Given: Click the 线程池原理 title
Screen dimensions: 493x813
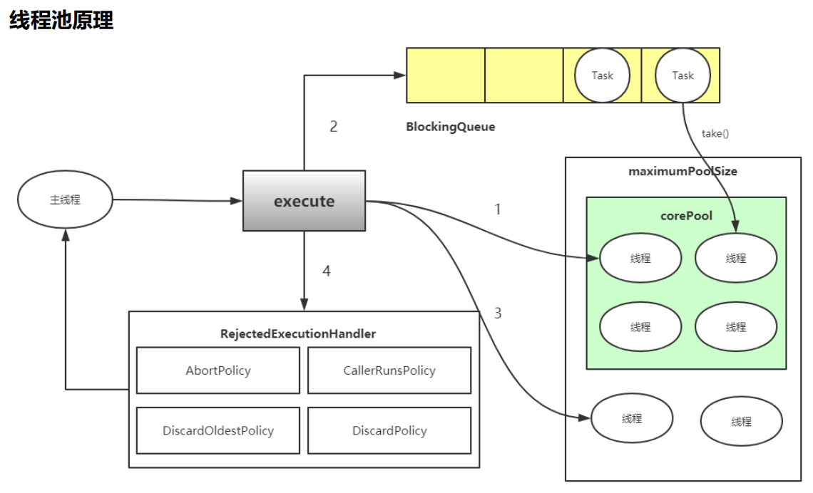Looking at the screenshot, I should click(x=61, y=20).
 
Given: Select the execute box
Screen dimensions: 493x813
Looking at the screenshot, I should click(x=304, y=201).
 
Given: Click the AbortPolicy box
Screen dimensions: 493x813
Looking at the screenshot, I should click(x=218, y=370).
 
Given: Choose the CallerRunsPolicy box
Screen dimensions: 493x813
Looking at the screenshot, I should click(x=389, y=370).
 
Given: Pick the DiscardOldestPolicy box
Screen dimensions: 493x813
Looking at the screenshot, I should click(x=218, y=430).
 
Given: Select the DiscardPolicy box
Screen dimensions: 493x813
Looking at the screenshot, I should click(x=389, y=430).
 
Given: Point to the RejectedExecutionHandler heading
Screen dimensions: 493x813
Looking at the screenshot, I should click(x=298, y=333).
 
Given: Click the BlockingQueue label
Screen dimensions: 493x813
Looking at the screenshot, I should click(x=450, y=127).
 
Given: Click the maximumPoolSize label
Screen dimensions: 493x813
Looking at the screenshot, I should click(x=682, y=172).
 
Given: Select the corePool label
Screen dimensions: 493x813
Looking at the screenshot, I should click(x=686, y=216).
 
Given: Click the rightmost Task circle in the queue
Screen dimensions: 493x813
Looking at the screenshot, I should click(x=682, y=76).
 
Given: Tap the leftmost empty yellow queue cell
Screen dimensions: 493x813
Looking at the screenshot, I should click(x=446, y=76).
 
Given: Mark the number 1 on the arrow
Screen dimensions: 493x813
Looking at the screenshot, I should click(x=498, y=209).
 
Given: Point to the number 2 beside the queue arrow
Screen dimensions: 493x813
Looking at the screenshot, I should click(x=333, y=127).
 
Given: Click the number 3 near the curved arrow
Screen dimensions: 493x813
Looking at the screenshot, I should click(x=498, y=313).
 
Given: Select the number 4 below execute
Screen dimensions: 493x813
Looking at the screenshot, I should click(x=327, y=271).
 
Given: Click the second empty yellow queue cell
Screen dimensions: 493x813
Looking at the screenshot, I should click(x=524, y=76).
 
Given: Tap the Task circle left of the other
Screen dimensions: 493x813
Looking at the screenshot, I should click(x=602, y=76).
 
